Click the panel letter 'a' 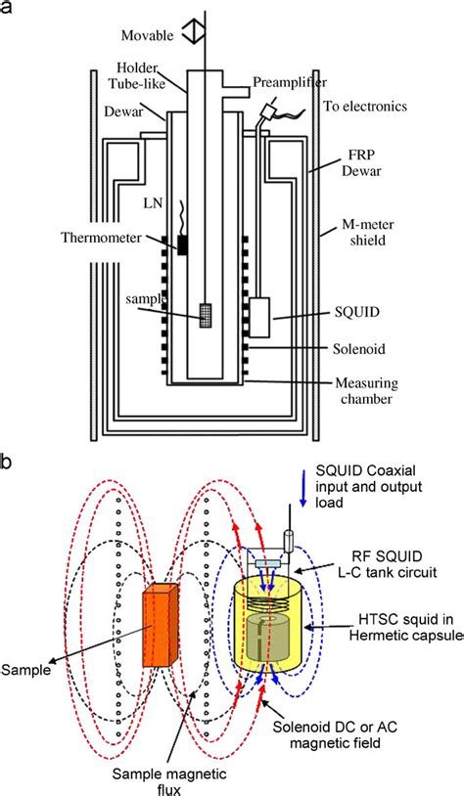tap(9, 10)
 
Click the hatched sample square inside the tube tap(206, 315)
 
